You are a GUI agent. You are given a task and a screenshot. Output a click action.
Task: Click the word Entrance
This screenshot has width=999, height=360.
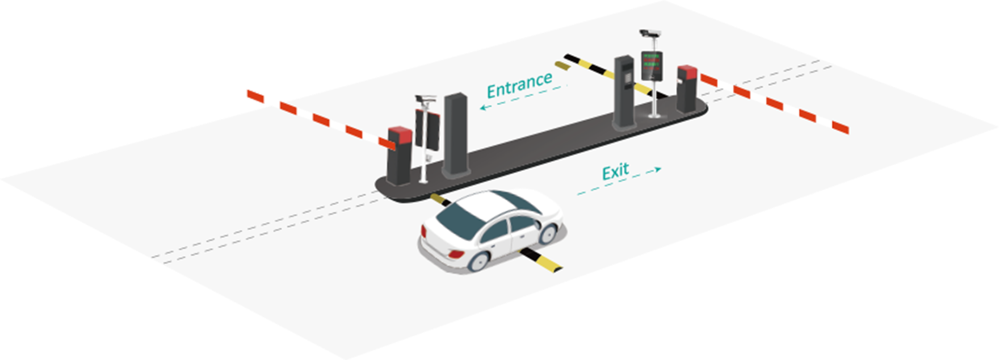pos(519,85)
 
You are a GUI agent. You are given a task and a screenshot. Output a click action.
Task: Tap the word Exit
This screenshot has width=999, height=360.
pos(615,171)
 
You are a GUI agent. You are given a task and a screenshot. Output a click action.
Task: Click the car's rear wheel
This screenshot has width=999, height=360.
pos(479,259)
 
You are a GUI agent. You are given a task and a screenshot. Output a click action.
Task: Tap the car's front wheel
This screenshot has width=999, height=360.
pos(548,233)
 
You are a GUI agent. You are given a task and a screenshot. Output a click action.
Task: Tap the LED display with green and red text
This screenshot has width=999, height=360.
pos(652,65)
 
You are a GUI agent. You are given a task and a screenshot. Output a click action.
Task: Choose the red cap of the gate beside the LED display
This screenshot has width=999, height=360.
pos(687,72)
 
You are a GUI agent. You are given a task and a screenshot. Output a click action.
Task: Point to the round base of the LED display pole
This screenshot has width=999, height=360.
pos(654,116)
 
